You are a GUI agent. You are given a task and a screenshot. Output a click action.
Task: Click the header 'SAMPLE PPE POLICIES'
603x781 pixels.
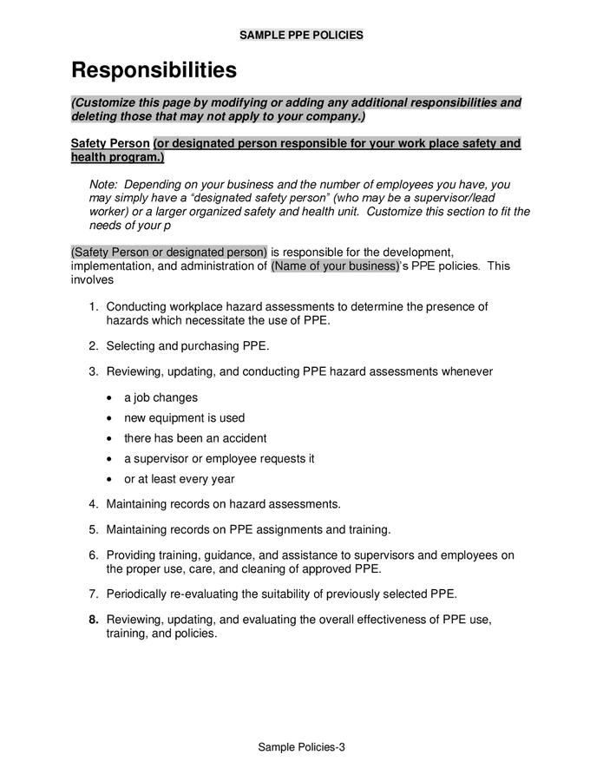click(301, 36)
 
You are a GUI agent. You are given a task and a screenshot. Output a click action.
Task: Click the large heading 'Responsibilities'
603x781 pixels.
click(153, 69)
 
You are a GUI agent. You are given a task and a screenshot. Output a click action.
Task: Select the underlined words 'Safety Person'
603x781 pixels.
click(110, 143)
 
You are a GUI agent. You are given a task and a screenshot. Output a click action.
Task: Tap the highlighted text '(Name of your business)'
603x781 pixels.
click(335, 266)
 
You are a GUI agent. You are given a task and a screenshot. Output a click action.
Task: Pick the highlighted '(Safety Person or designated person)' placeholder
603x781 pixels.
click(169, 252)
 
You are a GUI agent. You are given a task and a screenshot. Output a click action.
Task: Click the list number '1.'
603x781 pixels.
click(94, 306)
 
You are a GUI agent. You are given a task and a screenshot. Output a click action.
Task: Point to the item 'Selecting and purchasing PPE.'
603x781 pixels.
click(187, 345)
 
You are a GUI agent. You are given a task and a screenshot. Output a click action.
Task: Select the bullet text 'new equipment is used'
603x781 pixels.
click(184, 417)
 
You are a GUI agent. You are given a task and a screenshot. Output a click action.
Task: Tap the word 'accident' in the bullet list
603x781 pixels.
click(244, 438)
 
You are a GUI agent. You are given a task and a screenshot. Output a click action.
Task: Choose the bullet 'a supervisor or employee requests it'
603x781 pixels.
click(219, 458)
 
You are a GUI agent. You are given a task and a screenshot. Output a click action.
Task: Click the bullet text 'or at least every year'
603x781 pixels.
click(179, 479)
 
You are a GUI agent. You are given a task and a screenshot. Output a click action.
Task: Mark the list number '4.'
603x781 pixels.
click(94, 503)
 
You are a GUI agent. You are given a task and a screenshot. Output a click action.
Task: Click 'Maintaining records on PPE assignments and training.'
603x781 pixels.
click(248, 529)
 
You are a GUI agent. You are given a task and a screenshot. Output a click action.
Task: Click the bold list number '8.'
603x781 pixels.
click(94, 620)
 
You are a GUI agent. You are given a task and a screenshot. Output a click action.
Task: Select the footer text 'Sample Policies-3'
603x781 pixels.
click(301, 747)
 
